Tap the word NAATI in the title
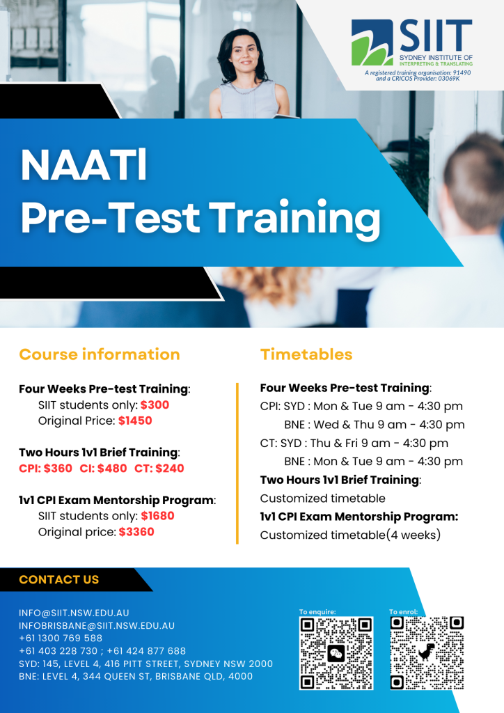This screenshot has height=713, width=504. point(84,165)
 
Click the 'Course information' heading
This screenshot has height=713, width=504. point(100,354)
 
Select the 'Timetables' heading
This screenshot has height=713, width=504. point(306,354)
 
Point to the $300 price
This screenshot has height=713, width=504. point(155,405)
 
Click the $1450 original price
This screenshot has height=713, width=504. point(135,421)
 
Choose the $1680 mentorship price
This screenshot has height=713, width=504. point(157,516)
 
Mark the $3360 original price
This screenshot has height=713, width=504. point(136,532)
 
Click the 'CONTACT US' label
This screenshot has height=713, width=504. point(59,579)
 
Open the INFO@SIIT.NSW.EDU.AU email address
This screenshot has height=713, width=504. point(74,613)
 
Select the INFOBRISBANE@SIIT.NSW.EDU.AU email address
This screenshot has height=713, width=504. point(97,625)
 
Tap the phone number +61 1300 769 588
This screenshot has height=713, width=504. point(61,638)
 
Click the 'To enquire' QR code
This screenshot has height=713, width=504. point(336,653)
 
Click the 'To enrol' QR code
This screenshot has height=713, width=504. point(427,653)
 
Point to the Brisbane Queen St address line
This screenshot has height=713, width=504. point(136,676)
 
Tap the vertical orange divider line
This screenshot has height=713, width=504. point(237,462)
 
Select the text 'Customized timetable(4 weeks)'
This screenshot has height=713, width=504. point(349,535)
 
